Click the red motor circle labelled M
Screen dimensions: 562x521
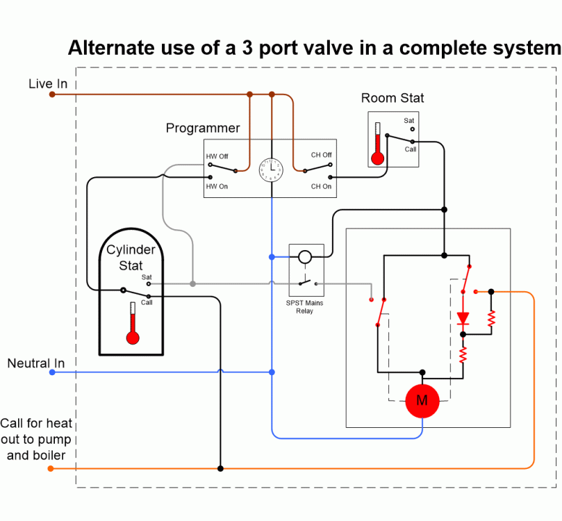tap(422, 401)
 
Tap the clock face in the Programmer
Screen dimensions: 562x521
tap(272, 169)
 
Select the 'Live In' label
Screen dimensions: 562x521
tap(48, 84)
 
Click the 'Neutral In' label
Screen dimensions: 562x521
tap(36, 363)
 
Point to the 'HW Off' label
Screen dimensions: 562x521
tap(217, 156)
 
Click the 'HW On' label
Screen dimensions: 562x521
tap(217, 186)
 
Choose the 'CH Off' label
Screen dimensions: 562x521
tap(321, 155)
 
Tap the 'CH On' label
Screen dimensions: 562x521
tap(321, 186)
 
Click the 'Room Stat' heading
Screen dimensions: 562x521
tap(392, 98)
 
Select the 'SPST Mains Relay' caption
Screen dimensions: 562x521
tap(304, 307)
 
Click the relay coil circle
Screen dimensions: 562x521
tap(305, 257)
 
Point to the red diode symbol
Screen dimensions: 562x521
tap(463, 319)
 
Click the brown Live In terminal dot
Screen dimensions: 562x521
tap(52, 94)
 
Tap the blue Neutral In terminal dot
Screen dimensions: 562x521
tap(52, 372)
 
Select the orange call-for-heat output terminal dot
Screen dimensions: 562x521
tap(51, 469)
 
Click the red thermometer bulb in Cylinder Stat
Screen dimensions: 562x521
tap(133, 338)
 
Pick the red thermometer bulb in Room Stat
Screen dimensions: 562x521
tap(377, 158)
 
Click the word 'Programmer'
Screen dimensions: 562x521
tap(203, 129)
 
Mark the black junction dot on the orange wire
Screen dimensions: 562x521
tap(220, 469)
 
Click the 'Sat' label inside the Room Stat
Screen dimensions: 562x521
tap(409, 121)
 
